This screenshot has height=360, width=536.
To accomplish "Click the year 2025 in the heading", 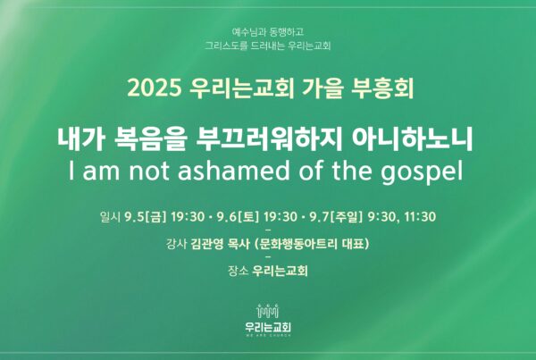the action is click(154, 88).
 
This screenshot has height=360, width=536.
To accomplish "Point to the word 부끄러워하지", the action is click(269, 139).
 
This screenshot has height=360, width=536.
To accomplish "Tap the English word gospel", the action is click(423, 172).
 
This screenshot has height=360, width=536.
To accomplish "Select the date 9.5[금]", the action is click(146, 217).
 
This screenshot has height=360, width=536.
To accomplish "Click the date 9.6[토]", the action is click(239, 217).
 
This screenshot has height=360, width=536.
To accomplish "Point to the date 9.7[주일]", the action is click(336, 217).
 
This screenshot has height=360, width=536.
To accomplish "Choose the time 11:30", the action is click(420, 217).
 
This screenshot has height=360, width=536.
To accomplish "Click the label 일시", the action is click(110, 217).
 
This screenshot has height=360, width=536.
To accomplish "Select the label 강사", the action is click(176, 244).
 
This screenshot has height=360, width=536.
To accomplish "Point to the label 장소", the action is click(238, 271).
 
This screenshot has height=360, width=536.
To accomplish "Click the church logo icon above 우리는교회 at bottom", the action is click(268, 311).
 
